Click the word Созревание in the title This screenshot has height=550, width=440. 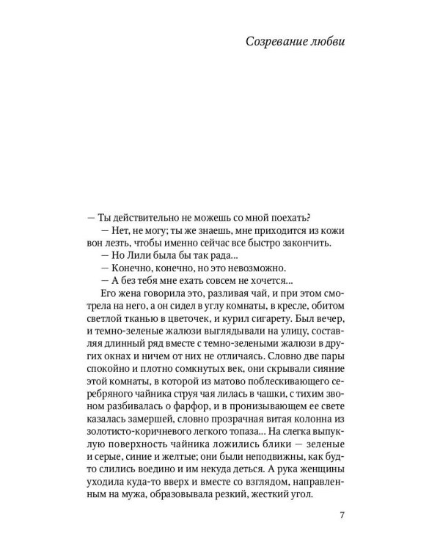point(276,43)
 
